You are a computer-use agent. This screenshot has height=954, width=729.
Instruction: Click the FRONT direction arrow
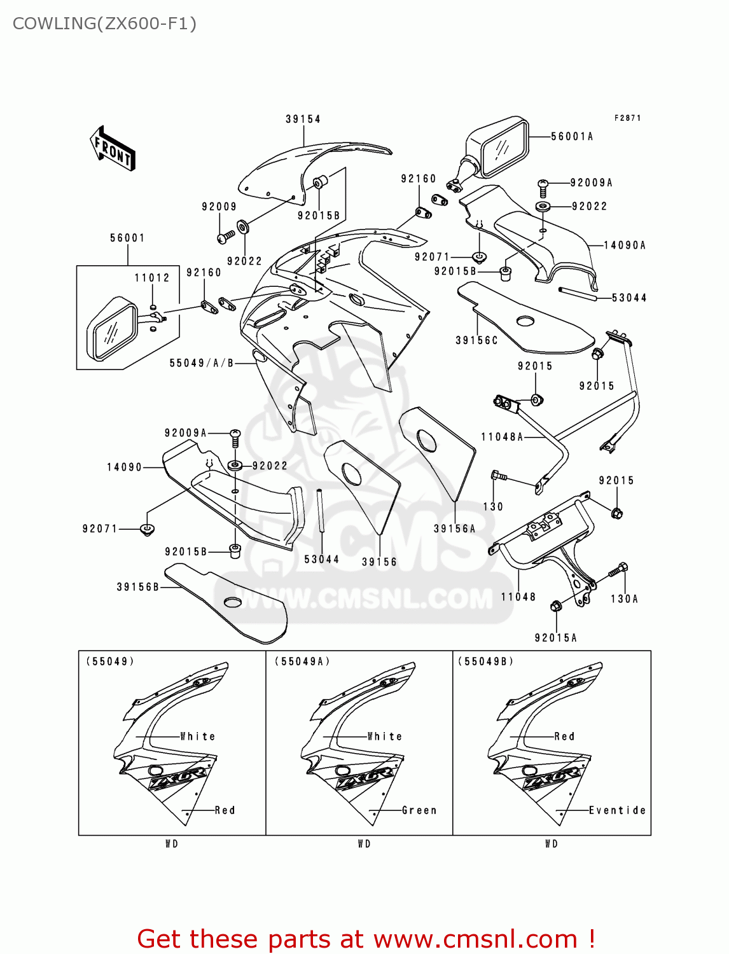click(113, 148)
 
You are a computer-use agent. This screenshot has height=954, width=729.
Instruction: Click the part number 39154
click(303, 119)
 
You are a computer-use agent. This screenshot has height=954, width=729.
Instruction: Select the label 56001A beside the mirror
click(571, 136)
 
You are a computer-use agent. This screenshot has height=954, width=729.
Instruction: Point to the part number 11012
click(152, 278)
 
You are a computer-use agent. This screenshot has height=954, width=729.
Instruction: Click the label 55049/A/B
click(202, 363)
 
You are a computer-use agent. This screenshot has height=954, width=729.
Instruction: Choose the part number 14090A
click(624, 245)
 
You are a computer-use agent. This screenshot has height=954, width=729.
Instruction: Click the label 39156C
click(476, 340)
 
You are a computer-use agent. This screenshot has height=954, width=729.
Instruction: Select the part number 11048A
click(502, 437)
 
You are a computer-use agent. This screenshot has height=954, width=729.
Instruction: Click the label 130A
click(624, 598)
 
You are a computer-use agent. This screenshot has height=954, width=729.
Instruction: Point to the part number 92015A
click(555, 638)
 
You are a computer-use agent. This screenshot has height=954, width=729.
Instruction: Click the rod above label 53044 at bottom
click(321, 511)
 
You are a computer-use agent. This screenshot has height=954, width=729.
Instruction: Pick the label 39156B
click(137, 587)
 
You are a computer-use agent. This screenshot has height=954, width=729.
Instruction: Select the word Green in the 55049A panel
click(419, 810)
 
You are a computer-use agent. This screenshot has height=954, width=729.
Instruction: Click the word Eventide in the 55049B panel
click(617, 810)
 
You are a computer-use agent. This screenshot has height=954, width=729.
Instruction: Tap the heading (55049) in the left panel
click(110, 661)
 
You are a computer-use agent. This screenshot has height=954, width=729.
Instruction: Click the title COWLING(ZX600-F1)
click(104, 24)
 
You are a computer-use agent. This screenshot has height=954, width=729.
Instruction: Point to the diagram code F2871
click(627, 118)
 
